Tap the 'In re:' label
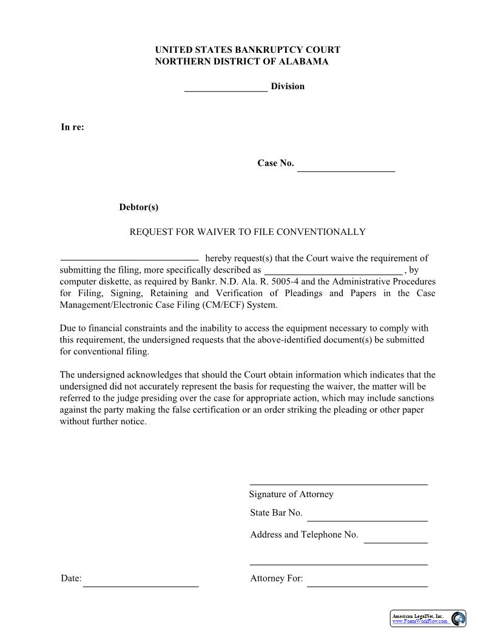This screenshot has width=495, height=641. (x=72, y=127)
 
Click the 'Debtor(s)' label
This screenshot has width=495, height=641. (x=138, y=207)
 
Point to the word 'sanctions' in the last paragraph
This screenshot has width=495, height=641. (x=415, y=398)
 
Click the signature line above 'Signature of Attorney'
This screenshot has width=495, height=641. (x=338, y=483)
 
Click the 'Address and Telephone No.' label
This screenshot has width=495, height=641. (x=304, y=535)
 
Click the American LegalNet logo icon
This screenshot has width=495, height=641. (x=459, y=619)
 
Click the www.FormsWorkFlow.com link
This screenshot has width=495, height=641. (x=419, y=622)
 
